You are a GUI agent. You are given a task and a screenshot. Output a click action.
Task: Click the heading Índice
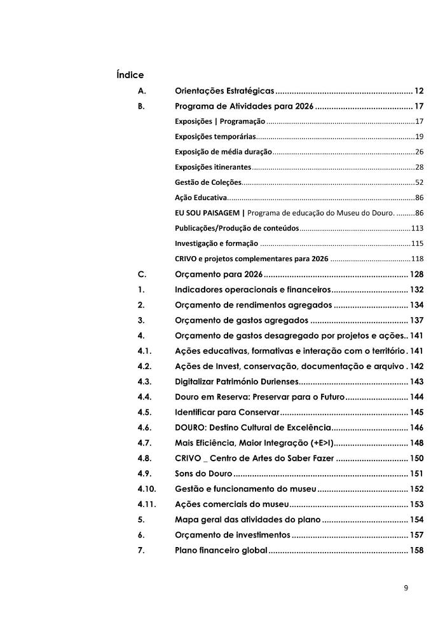130,75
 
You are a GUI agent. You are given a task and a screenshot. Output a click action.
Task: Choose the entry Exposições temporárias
216,137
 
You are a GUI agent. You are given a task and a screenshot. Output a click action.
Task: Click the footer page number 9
406,588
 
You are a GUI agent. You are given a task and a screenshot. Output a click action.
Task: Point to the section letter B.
141,106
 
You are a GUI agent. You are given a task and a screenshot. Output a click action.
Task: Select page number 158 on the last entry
416,550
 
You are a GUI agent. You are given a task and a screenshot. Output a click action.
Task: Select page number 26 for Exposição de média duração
419,152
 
